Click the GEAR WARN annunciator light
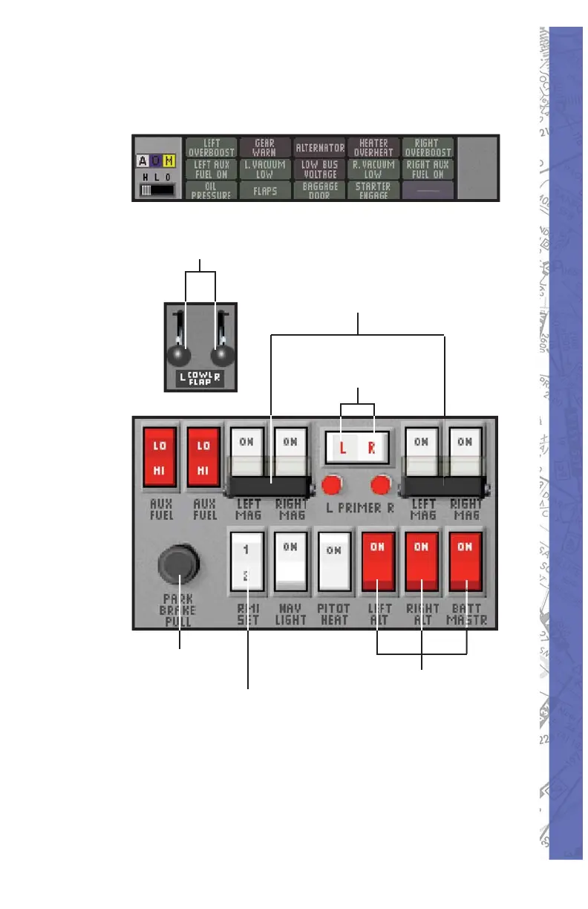265,147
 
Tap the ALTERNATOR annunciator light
319,147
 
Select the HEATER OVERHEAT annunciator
373,147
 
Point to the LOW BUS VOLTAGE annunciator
319,169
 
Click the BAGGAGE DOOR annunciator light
319,190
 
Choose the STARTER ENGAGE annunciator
373,190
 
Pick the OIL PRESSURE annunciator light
211,190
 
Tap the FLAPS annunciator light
265,190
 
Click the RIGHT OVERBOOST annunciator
428,147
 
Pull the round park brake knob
179,567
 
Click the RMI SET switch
247,560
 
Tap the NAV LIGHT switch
290,560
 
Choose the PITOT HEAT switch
334,560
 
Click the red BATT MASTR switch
465,560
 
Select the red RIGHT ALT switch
422,560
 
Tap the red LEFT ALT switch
377,560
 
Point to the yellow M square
169,162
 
